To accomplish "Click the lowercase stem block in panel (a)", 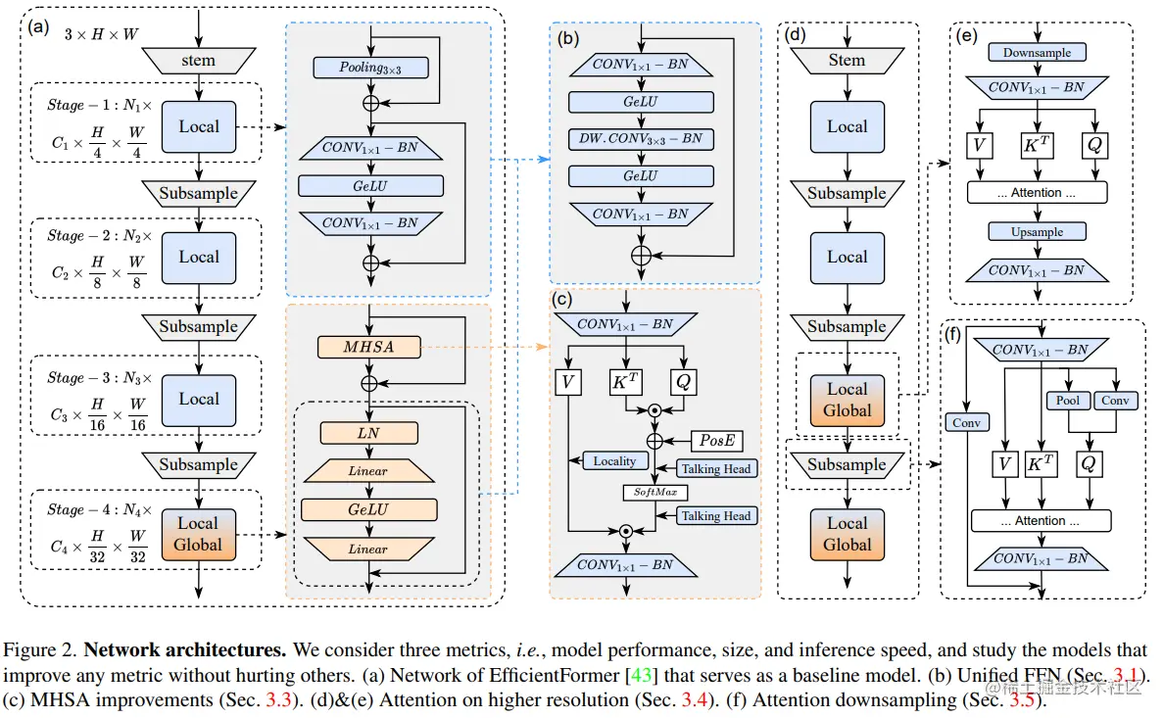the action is pyautogui.click(x=199, y=61).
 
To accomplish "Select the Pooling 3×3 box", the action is pyautogui.click(x=371, y=68).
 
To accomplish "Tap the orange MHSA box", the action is pyautogui.click(x=368, y=347).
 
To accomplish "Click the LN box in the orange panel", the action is pyautogui.click(x=368, y=433).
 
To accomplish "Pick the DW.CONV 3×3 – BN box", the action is pyautogui.click(x=641, y=139).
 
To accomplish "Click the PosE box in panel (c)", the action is pyautogui.click(x=716, y=441).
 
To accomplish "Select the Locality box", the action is pyautogui.click(x=615, y=460).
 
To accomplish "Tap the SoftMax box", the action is pyautogui.click(x=654, y=492).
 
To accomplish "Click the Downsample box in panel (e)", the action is pyautogui.click(x=1037, y=53).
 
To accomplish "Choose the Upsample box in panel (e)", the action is pyautogui.click(x=1037, y=232).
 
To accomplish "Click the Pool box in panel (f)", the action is pyautogui.click(x=1068, y=401).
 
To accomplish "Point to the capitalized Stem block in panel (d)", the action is pyautogui.click(x=848, y=61).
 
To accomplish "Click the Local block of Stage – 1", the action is pyautogui.click(x=199, y=126).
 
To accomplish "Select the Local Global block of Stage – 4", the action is pyautogui.click(x=198, y=535).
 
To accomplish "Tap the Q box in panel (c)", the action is pyautogui.click(x=683, y=382).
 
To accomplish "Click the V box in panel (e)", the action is pyautogui.click(x=980, y=145).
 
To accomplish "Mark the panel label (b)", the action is pyautogui.click(x=567, y=38).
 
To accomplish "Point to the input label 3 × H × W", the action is pyautogui.click(x=101, y=34).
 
